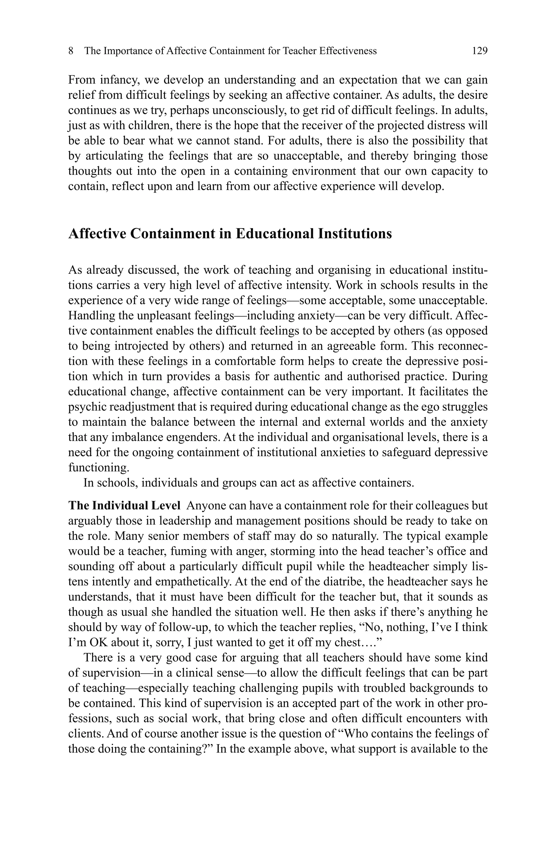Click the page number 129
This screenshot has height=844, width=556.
click(479, 51)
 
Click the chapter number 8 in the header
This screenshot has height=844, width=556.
click(71, 51)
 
